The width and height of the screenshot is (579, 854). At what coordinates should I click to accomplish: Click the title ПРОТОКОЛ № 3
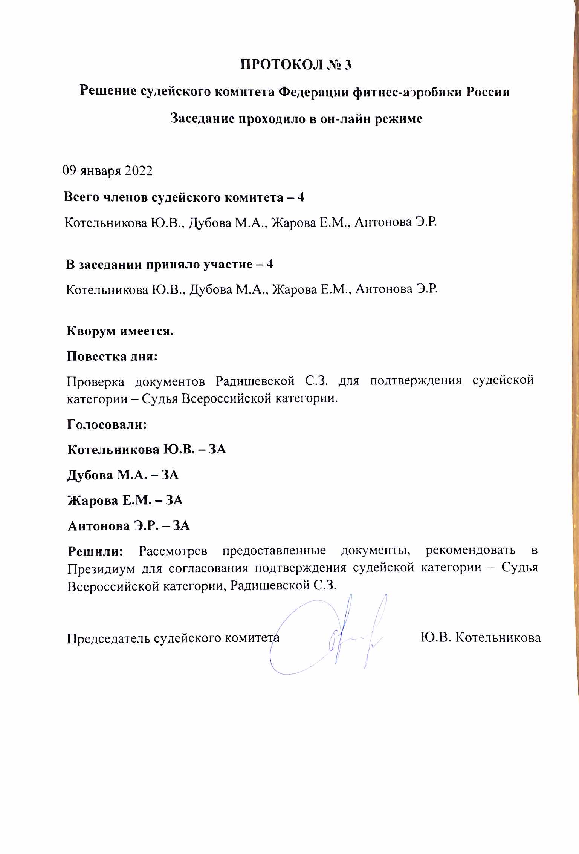[296, 65]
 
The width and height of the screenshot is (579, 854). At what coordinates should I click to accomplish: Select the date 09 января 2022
[107, 171]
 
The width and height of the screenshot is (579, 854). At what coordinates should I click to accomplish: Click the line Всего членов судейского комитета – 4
[184, 197]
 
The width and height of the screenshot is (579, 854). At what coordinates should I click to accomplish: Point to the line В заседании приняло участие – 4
[170, 265]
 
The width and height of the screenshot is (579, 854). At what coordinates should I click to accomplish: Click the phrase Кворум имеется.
[120, 331]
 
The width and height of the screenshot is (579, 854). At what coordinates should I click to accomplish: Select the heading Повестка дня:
[112, 357]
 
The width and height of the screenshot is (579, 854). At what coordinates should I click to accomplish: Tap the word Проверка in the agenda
[96, 381]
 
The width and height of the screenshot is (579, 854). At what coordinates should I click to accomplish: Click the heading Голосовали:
[107, 425]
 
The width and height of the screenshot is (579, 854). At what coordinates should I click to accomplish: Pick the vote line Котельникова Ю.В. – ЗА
[147, 450]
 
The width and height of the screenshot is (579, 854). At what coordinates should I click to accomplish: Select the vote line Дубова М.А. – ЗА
[123, 475]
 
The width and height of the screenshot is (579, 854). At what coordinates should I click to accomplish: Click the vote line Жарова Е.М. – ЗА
[125, 500]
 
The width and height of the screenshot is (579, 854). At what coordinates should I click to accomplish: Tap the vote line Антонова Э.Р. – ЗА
[128, 526]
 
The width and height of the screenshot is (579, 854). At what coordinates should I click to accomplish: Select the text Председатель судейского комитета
[173, 638]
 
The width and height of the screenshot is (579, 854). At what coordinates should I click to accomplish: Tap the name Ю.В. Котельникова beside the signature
[481, 637]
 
